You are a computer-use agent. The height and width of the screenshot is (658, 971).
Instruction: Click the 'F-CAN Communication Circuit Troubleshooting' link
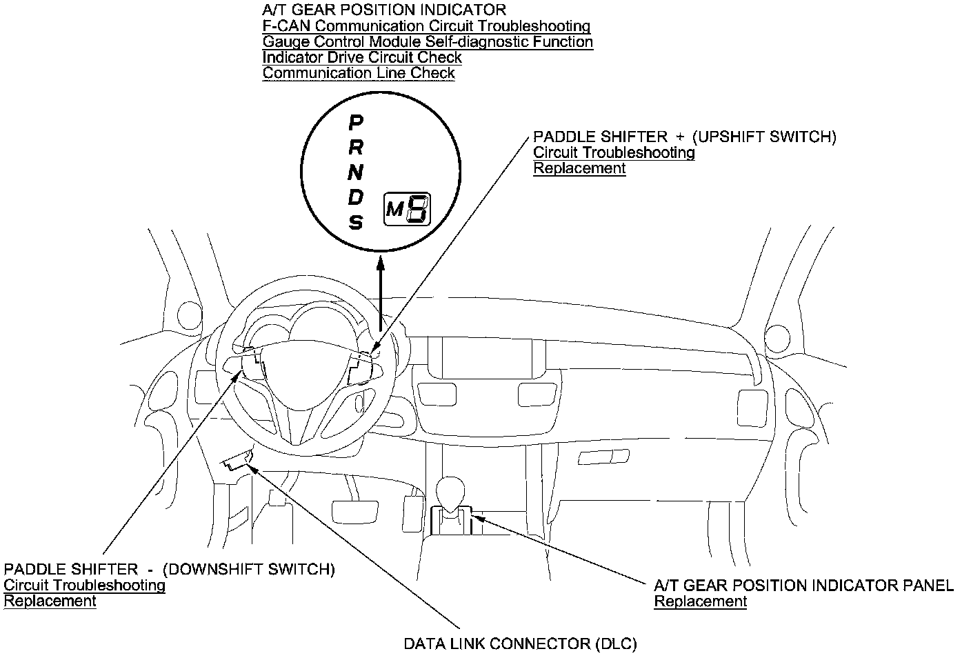pyautogui.click(x=426, y=26)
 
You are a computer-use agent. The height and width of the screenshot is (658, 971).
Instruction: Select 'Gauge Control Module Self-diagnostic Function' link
pyautogui.click(x=428, y=42)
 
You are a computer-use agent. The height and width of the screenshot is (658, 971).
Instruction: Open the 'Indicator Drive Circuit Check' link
pyautogui.click(x=362, y=57)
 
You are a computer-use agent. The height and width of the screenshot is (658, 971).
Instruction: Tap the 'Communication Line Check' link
pyautogui.click(x=359, y=73)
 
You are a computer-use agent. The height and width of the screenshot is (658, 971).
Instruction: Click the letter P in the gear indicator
pyautogui.click(x=355, y=123)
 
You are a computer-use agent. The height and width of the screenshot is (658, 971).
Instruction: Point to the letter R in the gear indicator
pyautogui.click(x=355, y=147)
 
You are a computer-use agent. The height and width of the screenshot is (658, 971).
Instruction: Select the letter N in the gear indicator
pyautogui.click(x=355, y=172)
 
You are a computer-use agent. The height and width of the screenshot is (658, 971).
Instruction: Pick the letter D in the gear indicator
pyautogui.click(x=355, y=197)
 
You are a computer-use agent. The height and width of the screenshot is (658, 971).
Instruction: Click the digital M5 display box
pyautogui.click(x=407, y=209)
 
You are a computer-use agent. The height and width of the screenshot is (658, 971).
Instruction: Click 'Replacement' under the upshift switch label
pyautogui.click(x=579, y=168)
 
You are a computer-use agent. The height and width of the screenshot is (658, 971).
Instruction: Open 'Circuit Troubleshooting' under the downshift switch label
pyautogui.click(x=85, y=586)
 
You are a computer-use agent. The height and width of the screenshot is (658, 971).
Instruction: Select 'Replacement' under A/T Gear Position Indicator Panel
pyautogui.click(x=700, y=601)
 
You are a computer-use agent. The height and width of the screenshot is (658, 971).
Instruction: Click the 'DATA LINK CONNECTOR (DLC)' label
pyautogui.click(x=520, y=644)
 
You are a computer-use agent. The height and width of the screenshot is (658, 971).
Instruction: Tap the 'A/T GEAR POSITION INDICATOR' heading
pyautogui.click(x=384, y=10)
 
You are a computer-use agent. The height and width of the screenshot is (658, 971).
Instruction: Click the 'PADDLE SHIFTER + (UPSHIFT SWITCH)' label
pyautogui.click(x=684, y=137)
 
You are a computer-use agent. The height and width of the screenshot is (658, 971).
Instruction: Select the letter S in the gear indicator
pyautogui.click(x=355, y=222)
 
